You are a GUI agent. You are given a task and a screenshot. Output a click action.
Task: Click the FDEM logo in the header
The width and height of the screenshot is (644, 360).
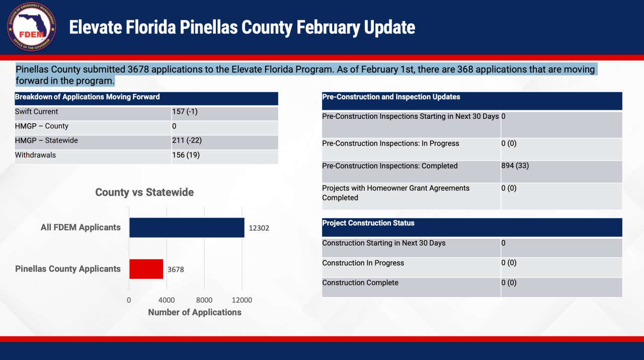31,27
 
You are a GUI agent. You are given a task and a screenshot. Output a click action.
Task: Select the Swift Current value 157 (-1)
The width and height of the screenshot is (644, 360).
185,112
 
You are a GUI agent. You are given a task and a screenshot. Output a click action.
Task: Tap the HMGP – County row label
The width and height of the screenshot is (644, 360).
42,126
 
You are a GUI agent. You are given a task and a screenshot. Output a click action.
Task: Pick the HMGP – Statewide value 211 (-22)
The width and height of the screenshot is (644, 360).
187,140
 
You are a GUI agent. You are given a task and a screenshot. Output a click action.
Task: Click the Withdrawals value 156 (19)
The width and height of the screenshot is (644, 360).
186,155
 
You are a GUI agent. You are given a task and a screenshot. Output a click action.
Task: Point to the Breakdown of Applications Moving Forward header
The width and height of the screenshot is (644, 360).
88,97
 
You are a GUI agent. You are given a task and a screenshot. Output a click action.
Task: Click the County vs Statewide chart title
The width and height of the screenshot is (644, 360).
144,192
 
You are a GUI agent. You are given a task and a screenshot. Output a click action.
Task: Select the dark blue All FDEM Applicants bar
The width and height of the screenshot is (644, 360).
187,228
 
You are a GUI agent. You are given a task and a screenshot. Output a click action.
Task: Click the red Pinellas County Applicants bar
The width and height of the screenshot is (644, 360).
146,269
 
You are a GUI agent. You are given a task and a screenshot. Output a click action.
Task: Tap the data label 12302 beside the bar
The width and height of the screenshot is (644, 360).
259,228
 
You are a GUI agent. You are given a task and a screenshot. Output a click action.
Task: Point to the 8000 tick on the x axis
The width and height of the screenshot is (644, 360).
204,300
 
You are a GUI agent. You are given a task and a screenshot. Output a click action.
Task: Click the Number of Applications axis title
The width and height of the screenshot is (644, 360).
195,313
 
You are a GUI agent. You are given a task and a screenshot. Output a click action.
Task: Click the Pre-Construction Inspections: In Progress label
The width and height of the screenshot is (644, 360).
390,143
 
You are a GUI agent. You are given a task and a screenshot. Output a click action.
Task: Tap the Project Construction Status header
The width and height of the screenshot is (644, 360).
368,223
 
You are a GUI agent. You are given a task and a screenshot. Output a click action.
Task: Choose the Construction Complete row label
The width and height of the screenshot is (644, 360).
360,283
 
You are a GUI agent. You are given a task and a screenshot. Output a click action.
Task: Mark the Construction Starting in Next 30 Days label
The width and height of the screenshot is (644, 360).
384,243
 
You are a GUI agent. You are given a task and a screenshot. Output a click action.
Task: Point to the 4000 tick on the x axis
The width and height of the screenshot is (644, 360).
167,300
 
